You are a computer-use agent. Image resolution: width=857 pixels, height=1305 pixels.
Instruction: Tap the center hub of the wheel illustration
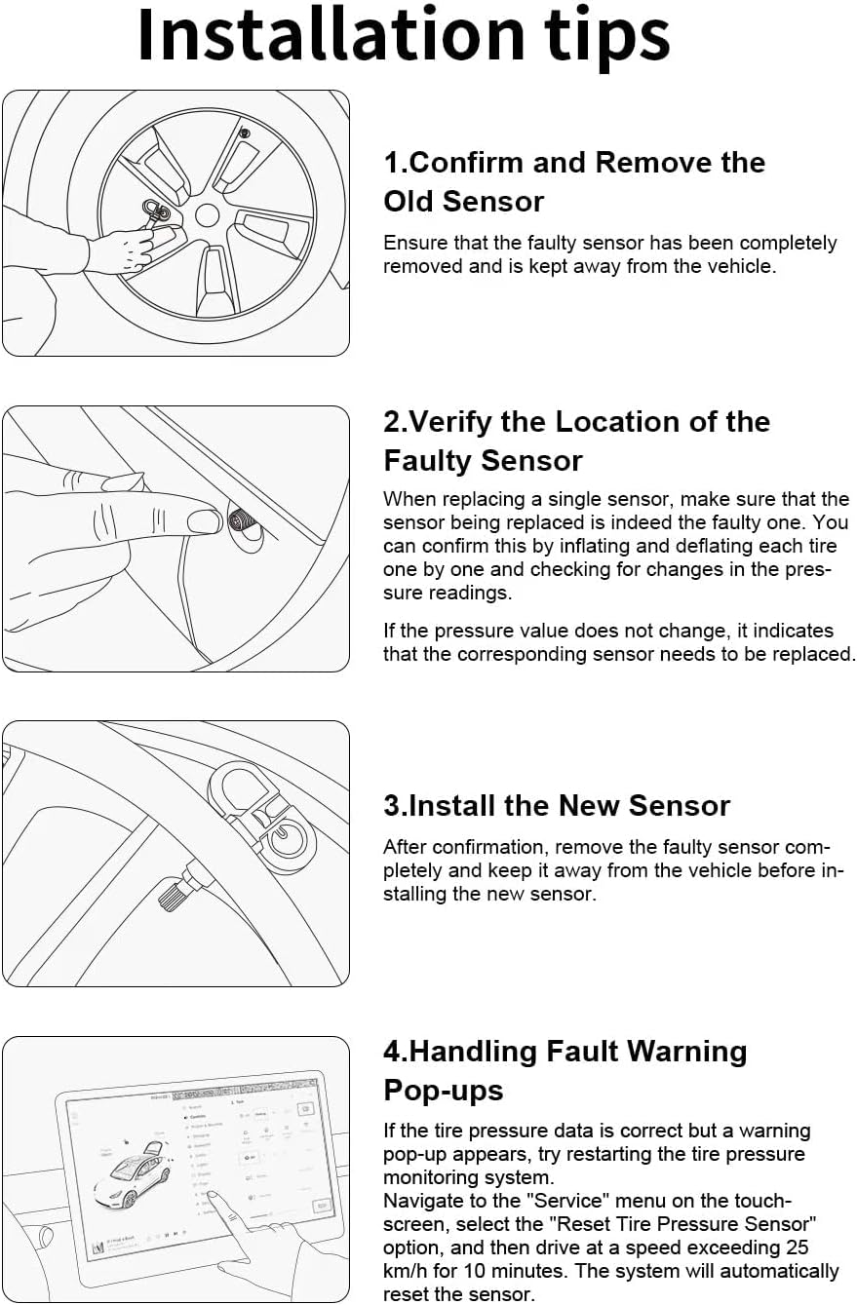[207, 216]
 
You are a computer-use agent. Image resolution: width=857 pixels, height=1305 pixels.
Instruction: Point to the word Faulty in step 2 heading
[430, 461]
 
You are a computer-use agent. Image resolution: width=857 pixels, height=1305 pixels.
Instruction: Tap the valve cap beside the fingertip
[244, 519]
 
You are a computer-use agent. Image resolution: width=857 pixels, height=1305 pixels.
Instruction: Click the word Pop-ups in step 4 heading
[444, 1090]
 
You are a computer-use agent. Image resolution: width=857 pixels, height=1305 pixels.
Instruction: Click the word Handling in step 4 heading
[473, 1052]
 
